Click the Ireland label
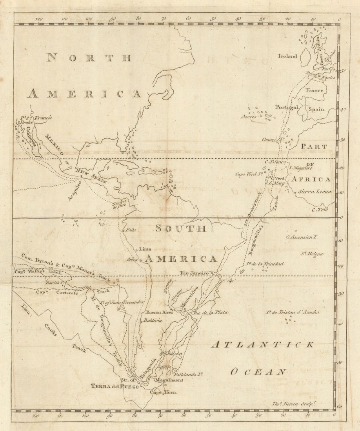click(x=287, y=56)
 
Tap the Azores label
click(x=249, y=117)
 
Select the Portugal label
click(x=286, y=107)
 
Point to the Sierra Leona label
click(x=315, y=192)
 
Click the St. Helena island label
click(x=312, y=254)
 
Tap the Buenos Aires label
click(x=159, y=313)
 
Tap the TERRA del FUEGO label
click(x=115, y=386)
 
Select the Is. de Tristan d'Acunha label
click(x=292, y=312)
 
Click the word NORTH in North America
click(x=89, y=58)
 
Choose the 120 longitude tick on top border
click(x=38, y=19)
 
